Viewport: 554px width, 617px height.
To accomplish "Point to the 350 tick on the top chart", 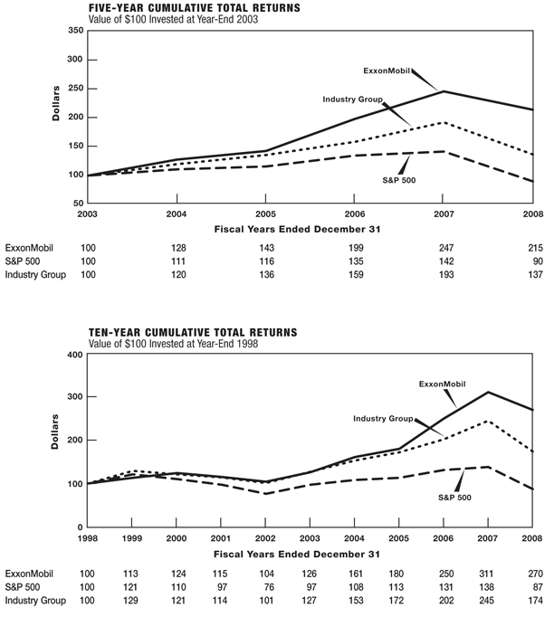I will [x=75, y=31].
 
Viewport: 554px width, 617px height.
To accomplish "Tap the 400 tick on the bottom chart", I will [x=75, y=354].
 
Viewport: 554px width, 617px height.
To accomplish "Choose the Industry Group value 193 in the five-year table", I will [x=444, y=275].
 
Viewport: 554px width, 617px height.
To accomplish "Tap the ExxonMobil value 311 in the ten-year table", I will [x=488, y=574].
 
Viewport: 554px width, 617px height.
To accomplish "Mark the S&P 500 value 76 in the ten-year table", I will [x=268, y=587].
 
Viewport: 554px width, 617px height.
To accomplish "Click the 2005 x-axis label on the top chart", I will [x=265, y=214].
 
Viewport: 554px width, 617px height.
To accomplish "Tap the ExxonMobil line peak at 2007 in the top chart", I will [x=444, y=91].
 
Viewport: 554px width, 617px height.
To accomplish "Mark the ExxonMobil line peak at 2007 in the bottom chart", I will [x=488, y=392].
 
